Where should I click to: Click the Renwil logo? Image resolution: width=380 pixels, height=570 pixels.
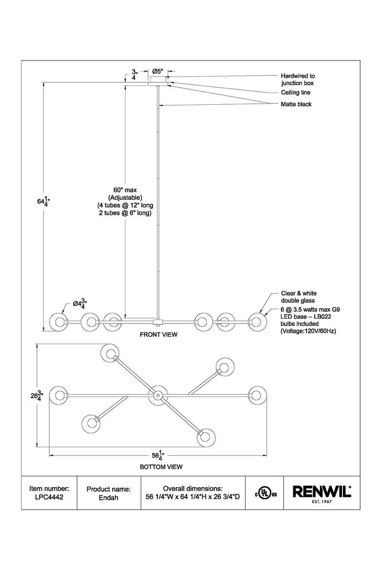coord(322,494)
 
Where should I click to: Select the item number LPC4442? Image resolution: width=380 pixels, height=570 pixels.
coord(49,497)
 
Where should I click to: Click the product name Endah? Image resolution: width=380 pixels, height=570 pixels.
coord(108,498)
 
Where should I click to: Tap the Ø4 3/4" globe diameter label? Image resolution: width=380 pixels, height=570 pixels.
coord(79,304)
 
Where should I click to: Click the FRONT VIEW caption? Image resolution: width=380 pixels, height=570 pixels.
coord(158,334)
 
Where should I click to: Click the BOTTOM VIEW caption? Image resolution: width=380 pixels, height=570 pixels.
coord(161,467)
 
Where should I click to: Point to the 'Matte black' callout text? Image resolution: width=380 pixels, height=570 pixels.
coord(296,104)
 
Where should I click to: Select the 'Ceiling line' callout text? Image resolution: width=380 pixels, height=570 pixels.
coord(295,93)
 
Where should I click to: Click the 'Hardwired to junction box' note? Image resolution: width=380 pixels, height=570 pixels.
coord(298,79)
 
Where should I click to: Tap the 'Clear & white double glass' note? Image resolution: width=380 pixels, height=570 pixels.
coord(299,297)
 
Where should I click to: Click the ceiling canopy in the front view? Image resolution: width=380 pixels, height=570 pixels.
coord(158,81)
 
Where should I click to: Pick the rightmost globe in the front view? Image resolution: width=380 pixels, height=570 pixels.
coord(257,322)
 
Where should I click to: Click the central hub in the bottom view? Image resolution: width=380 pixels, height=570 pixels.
coord(158,395)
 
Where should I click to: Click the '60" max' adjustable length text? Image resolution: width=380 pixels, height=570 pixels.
coord(125,190)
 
